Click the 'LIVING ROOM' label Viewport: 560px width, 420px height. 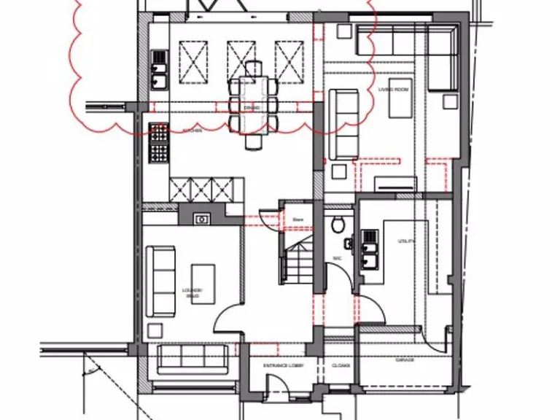[392, 89]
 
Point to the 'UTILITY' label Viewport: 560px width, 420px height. [406, 241]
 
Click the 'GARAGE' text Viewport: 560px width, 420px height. [405, 359]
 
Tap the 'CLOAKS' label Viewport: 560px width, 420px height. [341, 365]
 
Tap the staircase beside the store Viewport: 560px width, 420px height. [296, 263]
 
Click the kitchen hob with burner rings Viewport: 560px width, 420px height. [158, 143]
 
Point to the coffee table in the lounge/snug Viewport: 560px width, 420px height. [203, 284]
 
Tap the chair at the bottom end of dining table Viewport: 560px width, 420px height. [252, 141]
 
